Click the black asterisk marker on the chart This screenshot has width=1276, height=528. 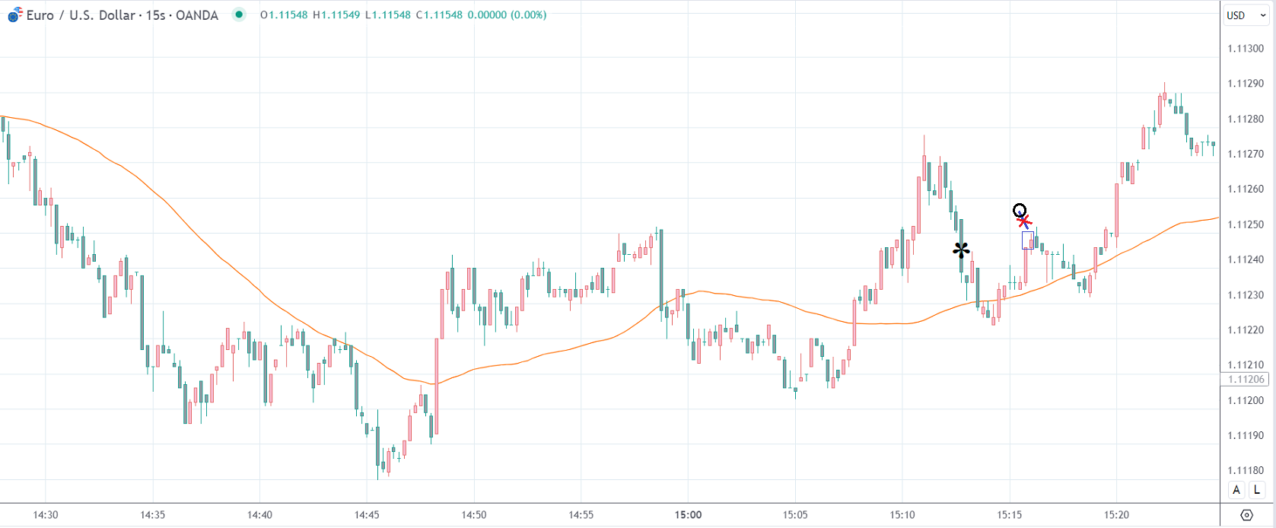961,250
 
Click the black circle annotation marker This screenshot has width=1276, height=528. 1020,210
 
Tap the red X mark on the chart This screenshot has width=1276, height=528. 1024,221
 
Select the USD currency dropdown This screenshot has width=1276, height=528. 1245,15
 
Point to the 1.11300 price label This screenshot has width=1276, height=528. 1246,49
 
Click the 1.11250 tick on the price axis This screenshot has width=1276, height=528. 1246,224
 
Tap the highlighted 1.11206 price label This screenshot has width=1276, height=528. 1246,379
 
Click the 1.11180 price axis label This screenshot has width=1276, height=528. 1246,470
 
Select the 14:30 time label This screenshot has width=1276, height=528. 46,514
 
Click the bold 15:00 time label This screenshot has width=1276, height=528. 688,514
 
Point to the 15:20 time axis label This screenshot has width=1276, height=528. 1116,514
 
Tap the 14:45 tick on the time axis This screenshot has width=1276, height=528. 367,514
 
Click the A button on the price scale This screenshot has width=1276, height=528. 1236,490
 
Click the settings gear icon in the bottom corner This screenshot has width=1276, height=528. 1246,515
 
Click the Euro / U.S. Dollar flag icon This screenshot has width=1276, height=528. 15,14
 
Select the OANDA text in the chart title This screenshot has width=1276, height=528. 196,14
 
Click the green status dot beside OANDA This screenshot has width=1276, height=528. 239,14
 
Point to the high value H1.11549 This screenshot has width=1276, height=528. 336,14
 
